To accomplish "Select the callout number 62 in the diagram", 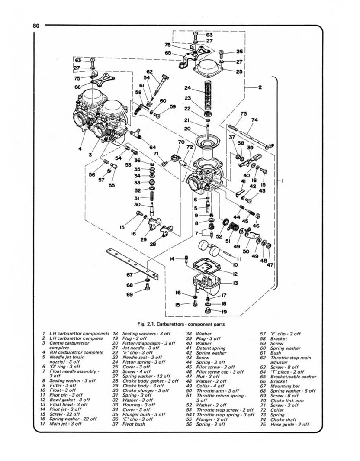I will coord(150,71).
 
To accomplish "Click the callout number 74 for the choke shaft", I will coord(254,120).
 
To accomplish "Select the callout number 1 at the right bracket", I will coord(282,182).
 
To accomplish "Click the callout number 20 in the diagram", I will coord(187,129).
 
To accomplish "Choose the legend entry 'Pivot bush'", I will coord(135,424).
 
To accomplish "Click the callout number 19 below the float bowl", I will coord(224,311).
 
